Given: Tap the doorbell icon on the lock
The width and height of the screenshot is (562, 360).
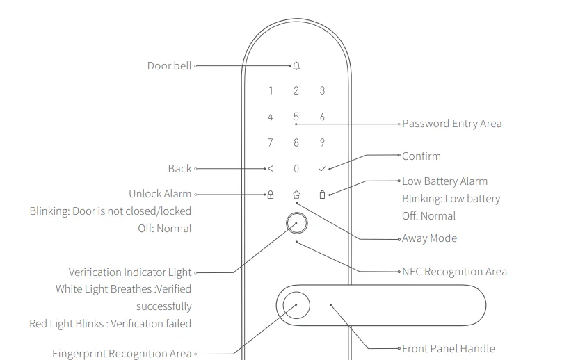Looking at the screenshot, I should pos(296,66).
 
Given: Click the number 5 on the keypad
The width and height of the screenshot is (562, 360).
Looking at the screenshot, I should pos(296,117).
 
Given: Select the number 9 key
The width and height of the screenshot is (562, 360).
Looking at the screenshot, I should pos(322,143).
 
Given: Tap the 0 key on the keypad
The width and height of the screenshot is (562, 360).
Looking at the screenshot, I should pos(296,169).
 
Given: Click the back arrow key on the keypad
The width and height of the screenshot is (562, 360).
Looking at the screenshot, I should pos(271,169).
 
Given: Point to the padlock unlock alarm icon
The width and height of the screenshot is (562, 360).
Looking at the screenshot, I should pos(271,195).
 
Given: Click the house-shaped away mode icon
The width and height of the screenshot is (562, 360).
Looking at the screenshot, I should pos(296,195).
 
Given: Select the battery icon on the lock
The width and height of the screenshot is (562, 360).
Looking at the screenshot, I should pos(322,195).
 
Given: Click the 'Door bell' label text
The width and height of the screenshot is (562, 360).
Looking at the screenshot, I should pos(169,66).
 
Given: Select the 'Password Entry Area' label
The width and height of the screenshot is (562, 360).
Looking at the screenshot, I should pos(451,124).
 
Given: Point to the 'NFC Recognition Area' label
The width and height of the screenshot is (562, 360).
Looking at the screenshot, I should pos(454,272).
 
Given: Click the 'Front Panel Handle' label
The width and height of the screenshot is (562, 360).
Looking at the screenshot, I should pos(448,348).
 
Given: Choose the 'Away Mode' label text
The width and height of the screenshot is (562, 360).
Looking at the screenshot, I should pos(429,238).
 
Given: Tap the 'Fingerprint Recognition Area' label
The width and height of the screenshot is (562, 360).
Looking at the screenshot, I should pos(122,354).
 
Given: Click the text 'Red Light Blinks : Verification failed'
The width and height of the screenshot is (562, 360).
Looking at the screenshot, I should pos(111,323).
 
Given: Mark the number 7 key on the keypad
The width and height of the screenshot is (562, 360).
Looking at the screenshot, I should pos(271,143).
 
